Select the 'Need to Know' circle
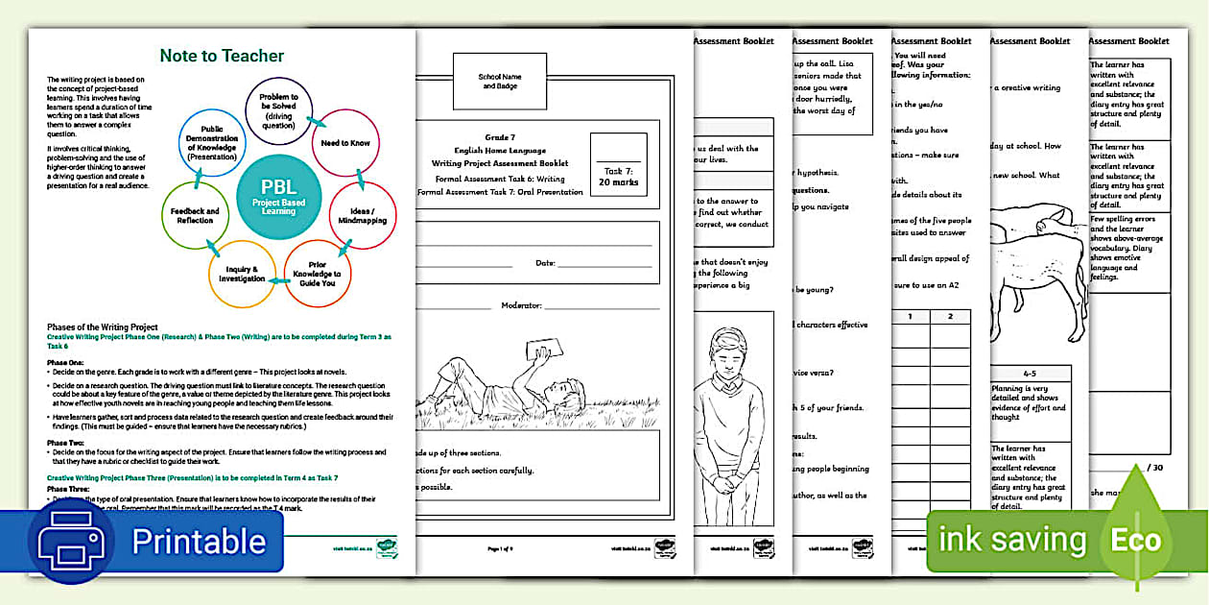click(x=345, y=143)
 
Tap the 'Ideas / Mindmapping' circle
click(x=362, y=215)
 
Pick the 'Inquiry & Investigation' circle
click(x=241, y=273)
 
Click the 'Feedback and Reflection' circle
click(x=195, y=215)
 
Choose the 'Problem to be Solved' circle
click(x=279, y=109)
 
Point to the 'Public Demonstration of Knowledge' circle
click(x=212, y=143)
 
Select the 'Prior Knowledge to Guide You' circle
click(x=318, y=274)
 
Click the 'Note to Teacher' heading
click(x=222, y=56)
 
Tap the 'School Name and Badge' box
click(x=499, y=81)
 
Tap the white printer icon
click(x=76, y=540)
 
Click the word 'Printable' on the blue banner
click(x=199, y=541)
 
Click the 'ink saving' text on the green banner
click(x=1011, y=540)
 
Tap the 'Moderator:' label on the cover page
click(x=521, y=305)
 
